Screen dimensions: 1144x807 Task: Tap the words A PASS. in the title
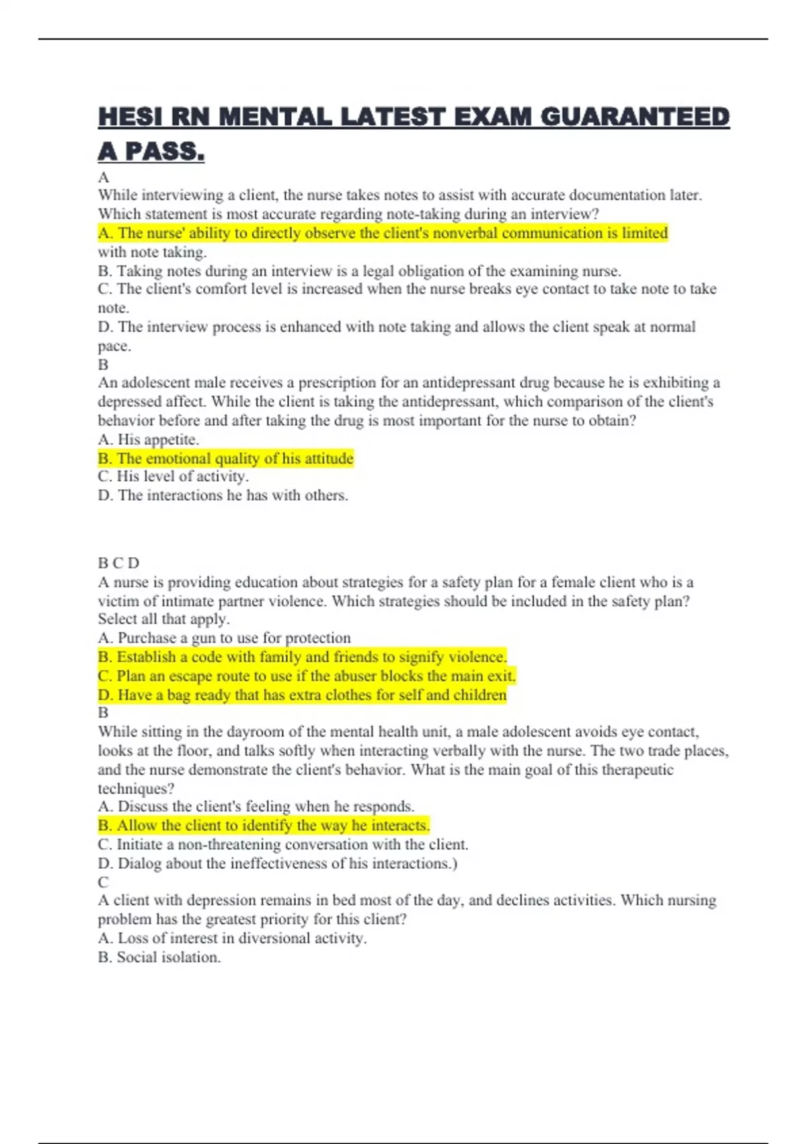coord(151,151)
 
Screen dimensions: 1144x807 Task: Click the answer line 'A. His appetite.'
coord(148,439)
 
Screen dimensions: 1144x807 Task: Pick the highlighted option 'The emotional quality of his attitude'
coord(225,458)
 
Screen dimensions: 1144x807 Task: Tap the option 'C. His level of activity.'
coord(173,476)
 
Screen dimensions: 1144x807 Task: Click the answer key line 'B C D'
coord(118,563)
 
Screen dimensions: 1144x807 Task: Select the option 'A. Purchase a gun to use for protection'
coord(224,638)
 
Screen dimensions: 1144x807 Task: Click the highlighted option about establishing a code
coord(302,657)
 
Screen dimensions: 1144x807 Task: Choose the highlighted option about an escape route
coord(306,676)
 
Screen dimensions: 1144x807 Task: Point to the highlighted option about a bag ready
coord(302,694)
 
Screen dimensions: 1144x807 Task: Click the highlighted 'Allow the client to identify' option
coord(264,825)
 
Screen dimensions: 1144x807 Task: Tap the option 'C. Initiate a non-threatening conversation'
coord(282,845)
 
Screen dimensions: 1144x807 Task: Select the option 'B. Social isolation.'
coord(159,957)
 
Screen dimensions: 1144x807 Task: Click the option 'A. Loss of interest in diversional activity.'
coord(232,938)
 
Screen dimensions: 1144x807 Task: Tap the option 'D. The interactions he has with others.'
coord(223,495)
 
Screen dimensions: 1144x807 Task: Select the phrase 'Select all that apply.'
coord(163,619)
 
